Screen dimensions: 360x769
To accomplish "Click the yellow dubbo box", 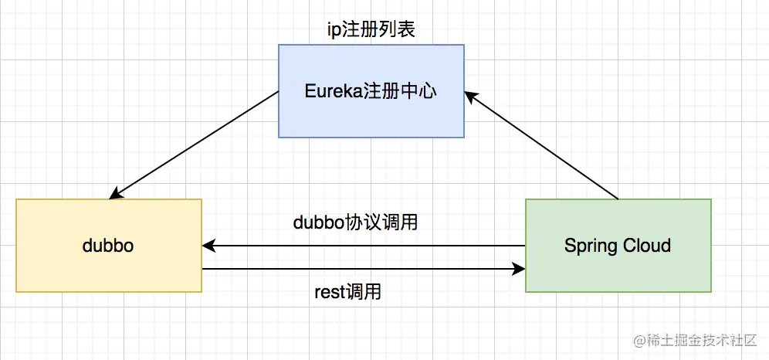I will [x=109, y=246].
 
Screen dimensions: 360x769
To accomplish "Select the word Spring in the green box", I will [x=589, y=246].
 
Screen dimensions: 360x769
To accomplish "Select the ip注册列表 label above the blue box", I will [x=371, y=30].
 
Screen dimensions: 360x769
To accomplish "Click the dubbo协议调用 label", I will [x=356, y=222].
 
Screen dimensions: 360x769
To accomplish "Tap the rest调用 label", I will [x=347, y=292].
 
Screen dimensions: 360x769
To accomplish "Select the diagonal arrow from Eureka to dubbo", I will [x=195, y=144].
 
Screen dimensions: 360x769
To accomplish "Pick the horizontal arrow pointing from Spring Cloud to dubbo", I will [x=363, y=246].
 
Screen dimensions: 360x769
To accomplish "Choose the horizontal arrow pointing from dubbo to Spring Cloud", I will [x=363, y=270].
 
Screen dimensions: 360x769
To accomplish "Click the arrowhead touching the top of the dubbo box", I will [x=116, y=194].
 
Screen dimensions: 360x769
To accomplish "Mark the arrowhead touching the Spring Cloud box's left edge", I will [x=519, y=270].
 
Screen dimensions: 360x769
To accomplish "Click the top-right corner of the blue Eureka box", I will [x=464, y=45].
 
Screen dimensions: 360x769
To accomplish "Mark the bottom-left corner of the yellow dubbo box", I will [x=16, y=292].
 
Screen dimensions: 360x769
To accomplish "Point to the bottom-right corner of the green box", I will [x=711, y=292].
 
